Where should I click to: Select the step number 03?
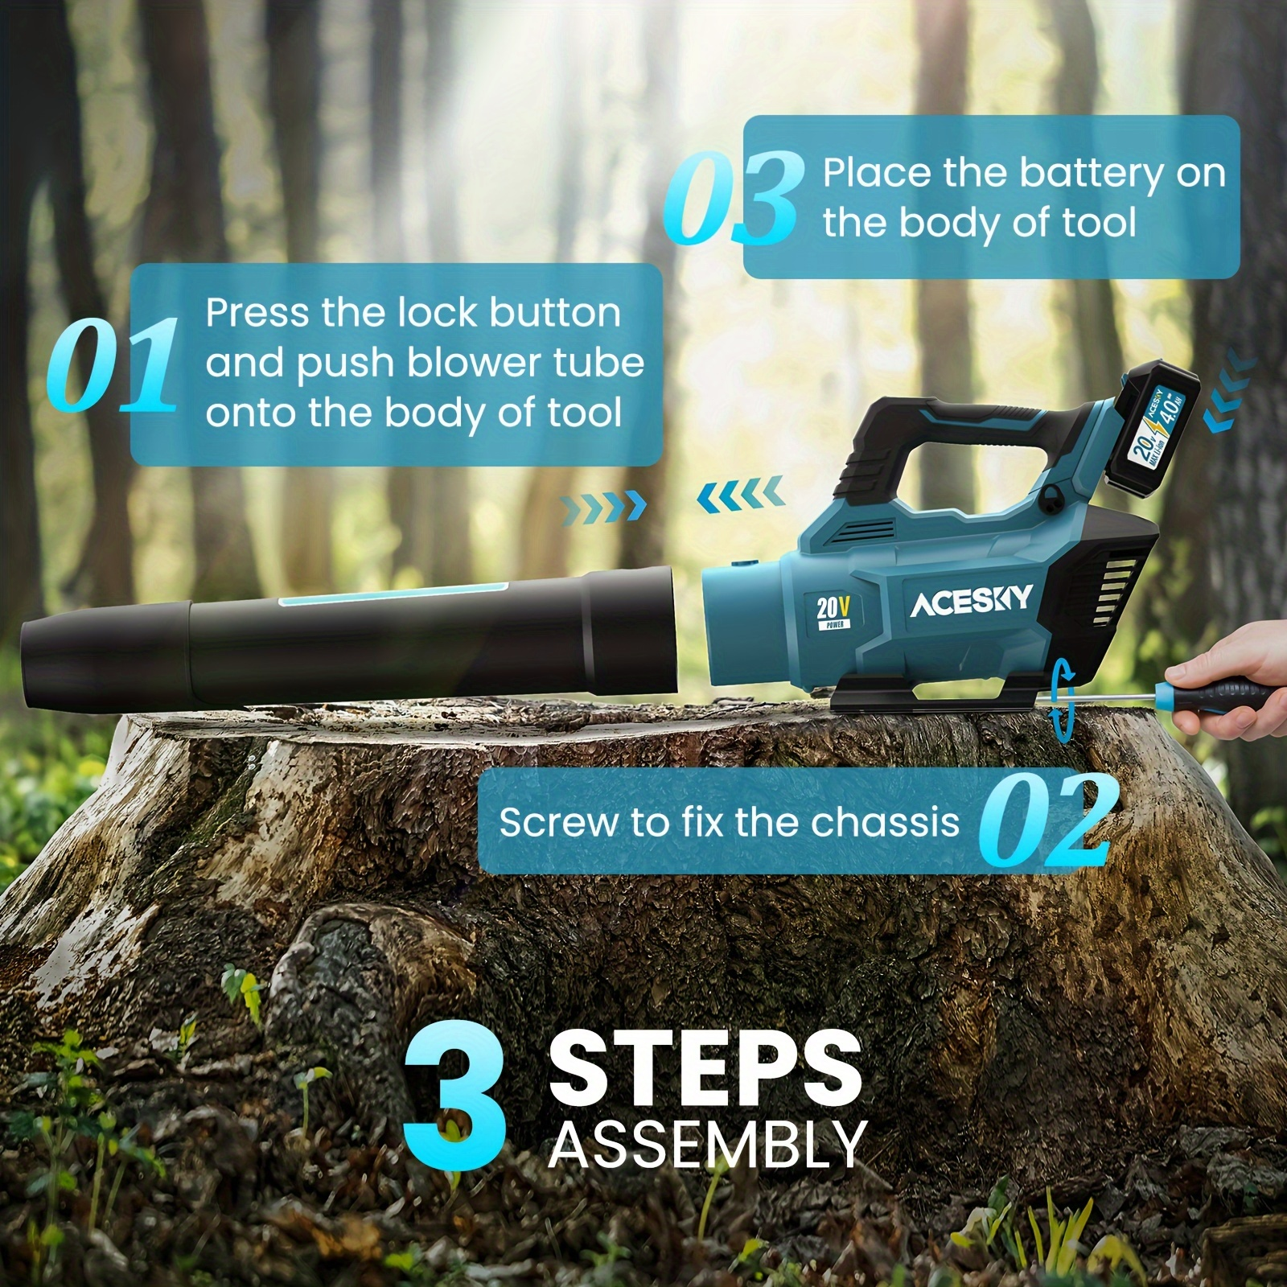[x=734, y=198]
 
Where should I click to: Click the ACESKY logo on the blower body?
[x=971, y=601]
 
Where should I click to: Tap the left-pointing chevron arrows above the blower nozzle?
[x=740, y=492]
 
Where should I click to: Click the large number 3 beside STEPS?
[x=455, y=1097]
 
